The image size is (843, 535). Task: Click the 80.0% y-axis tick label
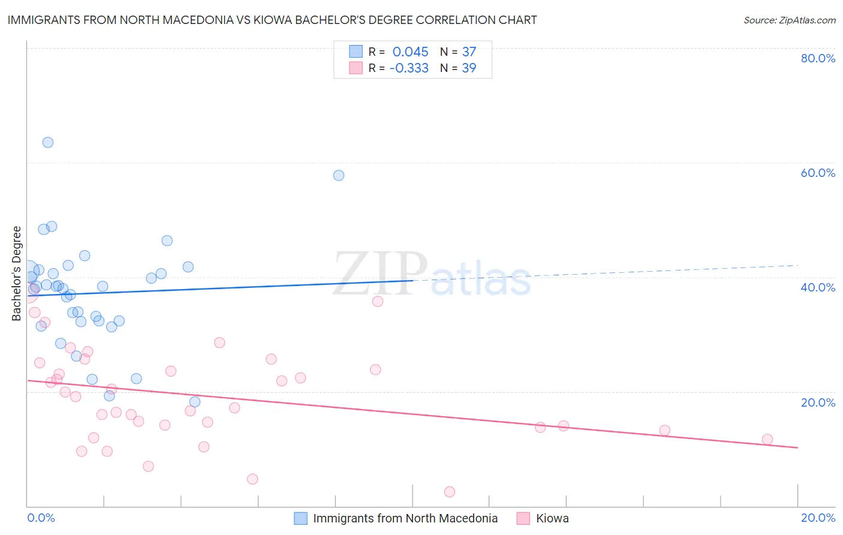(x=818, y=58)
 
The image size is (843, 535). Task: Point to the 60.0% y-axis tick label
(x=818, y=173)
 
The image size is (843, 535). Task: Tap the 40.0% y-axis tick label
(x=818, y=287)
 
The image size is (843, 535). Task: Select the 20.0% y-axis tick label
(x=818, y=402)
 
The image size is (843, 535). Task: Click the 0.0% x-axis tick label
(x=41, y=518)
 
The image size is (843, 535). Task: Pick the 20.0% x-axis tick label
(x=818, y=518)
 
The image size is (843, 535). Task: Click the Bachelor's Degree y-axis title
(x=17, y=273)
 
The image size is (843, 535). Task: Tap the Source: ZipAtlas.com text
(x=789, y=20)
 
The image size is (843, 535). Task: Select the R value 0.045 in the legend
(x=410, y=52)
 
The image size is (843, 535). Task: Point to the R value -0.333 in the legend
(x=409, y=68)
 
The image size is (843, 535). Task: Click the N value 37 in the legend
(x=469, y=52)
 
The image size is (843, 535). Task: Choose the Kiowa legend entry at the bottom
(x=552, y=518)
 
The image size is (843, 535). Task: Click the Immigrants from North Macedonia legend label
(x=405, y=518)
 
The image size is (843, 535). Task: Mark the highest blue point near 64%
(x=48, y=142)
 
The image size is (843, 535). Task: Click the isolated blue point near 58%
(x=339, y=175)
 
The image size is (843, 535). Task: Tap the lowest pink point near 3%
(x=450, y=492)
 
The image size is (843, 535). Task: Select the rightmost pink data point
(x=767, y=439)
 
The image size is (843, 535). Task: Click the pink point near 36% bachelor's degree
(x=378, y=301)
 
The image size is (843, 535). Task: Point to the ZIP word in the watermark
(x=380, y=273)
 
